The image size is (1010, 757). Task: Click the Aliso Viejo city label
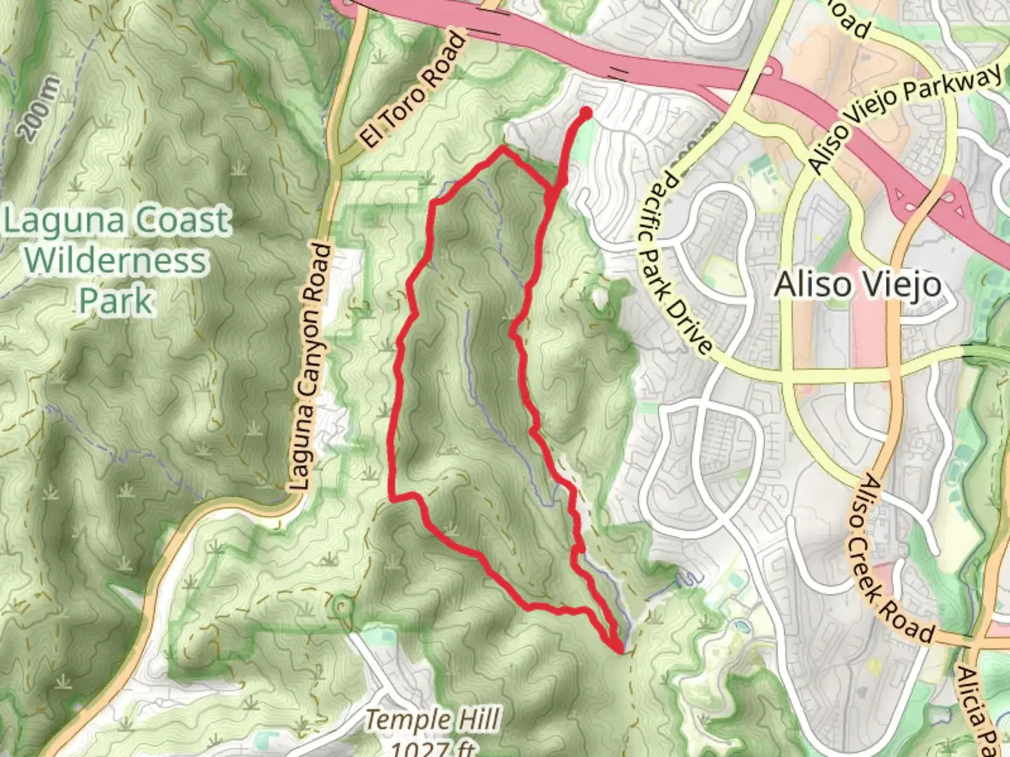click(x=857, y=285)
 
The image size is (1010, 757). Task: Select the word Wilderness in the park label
click(x=116, y=261)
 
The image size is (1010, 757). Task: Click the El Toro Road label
click(x=414, y=89)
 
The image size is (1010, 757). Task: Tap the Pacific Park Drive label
click(x=674, y=262)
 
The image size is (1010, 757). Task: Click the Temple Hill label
click(x=433, y=720)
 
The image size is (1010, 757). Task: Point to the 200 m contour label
click(x=39, y=109)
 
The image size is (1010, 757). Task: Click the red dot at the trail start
click(x=586, y=112)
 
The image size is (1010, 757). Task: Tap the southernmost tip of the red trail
click(x=619, y=650)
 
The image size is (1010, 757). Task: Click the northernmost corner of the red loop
click(x=502, y=149)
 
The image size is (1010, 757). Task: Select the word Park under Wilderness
click(x=115, y=301)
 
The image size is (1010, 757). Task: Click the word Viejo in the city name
click(x=905, y=285)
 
